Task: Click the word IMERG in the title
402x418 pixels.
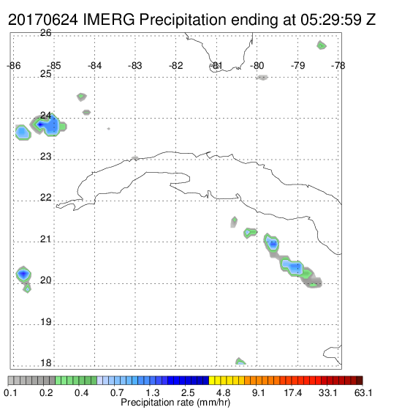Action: [109, 20]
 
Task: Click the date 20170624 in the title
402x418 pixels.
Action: [43, 20]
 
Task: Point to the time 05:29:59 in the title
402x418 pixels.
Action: [331, 20]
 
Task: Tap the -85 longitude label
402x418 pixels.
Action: [54, 66]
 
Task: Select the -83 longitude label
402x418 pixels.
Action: [135, 66]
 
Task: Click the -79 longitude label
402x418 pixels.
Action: [297, 66]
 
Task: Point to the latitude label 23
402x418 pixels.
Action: [45, 157]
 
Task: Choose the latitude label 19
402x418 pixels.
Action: [46, 322]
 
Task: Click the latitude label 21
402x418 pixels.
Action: [45, 239]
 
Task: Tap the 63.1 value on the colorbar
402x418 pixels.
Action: [363, 392]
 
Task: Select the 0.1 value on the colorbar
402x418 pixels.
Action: [10, 392]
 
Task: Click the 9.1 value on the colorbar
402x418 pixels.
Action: [259, 392]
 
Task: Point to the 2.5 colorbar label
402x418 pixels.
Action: [188, 392]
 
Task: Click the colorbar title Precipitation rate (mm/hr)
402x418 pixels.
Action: [175, 403]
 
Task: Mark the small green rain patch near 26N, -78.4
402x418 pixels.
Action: [322, 45]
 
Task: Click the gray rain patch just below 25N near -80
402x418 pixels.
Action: [262, 78]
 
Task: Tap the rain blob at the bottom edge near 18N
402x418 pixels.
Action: [240, 361]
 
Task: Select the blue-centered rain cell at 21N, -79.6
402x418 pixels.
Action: [272, 243]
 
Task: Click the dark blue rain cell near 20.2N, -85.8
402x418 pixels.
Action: [23, 274]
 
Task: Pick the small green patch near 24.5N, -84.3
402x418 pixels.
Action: [82, 97]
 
